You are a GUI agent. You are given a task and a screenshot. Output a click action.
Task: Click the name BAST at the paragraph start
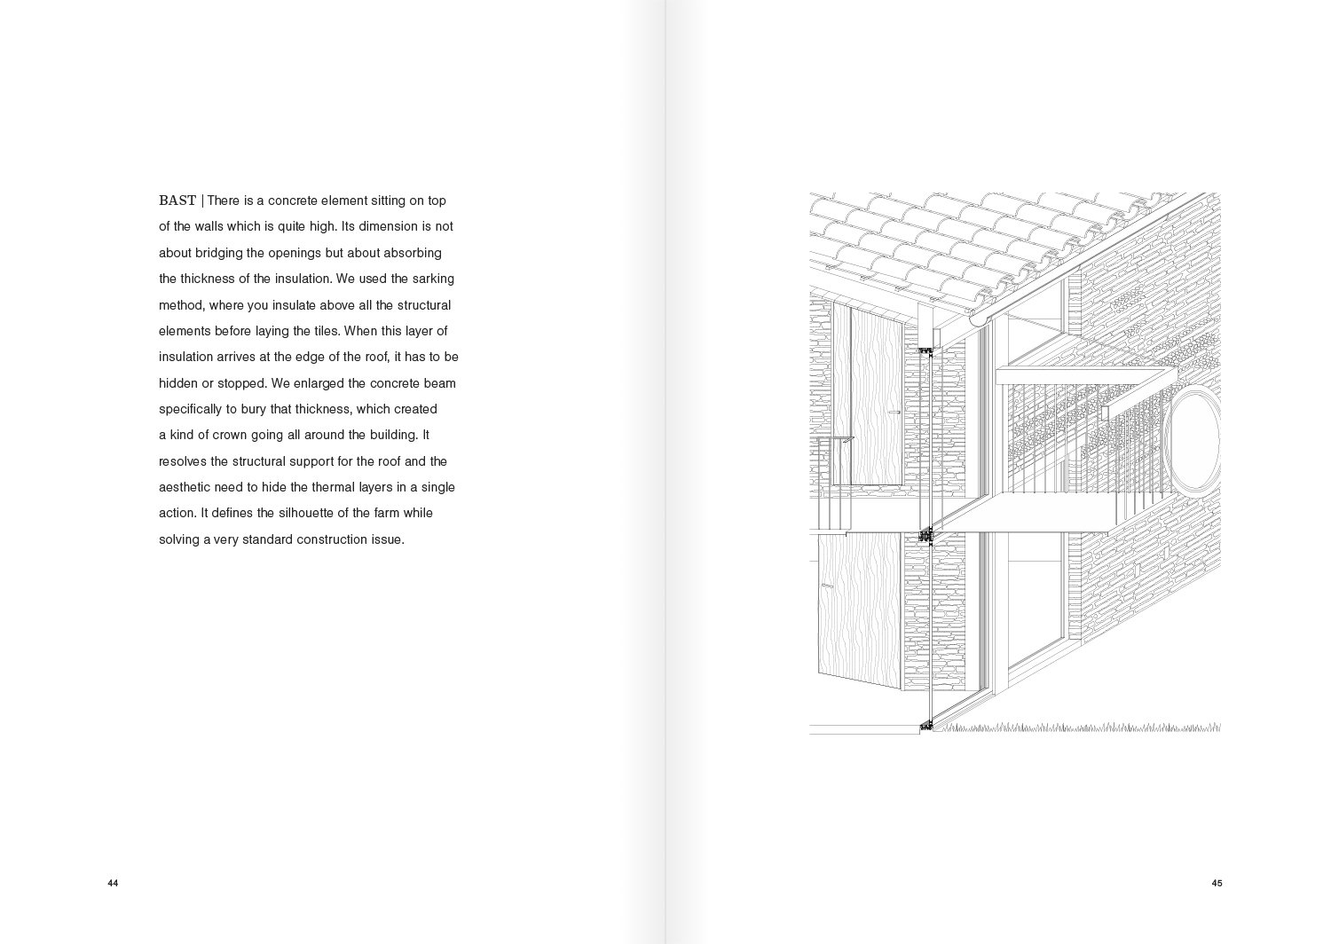click(x=177, y=201)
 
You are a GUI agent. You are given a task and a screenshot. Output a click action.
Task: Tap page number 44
click(x=113, y=883)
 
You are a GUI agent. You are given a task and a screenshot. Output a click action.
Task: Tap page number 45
click(x=1217, y=883)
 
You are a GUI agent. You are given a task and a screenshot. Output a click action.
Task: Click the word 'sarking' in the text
click(x=433, y=279)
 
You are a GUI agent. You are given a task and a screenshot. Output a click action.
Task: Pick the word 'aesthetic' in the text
click(x=184, y=487)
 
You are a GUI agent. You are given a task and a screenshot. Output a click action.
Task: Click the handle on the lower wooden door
click(x=827, y=586)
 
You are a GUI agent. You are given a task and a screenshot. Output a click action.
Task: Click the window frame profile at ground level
click(x=926, y=726)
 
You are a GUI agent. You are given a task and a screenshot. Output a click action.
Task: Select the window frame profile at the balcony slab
click(x=926, y=535)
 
